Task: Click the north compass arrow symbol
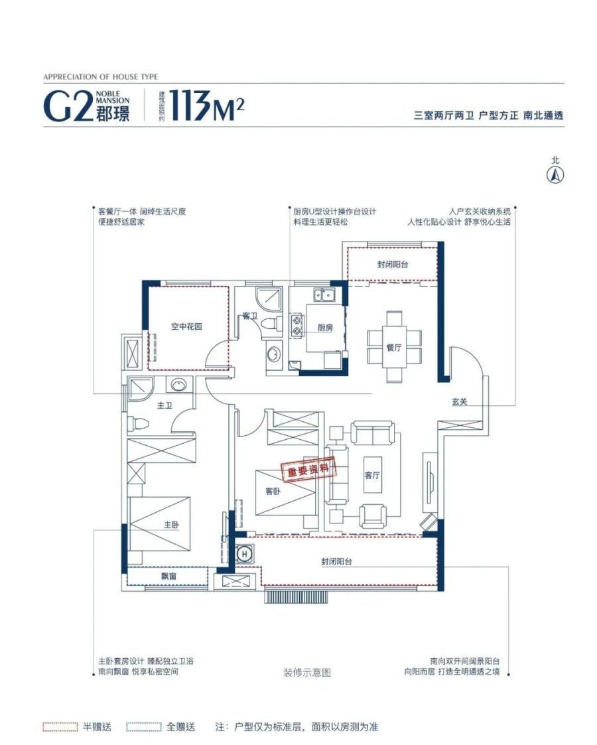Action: [x=555, y=175]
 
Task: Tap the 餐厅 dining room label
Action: [x=394, y=348]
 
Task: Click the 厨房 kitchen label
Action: [x=325, y=327]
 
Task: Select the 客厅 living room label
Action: [x=372, y=474]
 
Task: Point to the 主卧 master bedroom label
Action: [x=171, y=525]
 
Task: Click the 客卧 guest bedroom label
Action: [x=273, y=491]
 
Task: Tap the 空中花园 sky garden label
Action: [x=186, y=326]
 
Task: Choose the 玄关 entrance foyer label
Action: [x=459, y=402]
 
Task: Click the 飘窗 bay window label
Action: [x=168, y=576]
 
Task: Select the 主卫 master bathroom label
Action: [x=165, y=405]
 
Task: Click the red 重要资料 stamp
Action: [x=308, y=470]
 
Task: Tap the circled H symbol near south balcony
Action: [x=245, y=554]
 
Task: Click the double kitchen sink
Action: [x=324, y=295]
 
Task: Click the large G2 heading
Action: [x=67, y=106]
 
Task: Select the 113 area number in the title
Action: [x=190, y=105]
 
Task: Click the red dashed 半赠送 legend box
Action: [x=60, y=727]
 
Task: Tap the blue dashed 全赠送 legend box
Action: [x=144, y=727]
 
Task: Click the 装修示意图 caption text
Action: [x=307, y=673]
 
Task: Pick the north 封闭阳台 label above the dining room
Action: [x=393, y=264]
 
